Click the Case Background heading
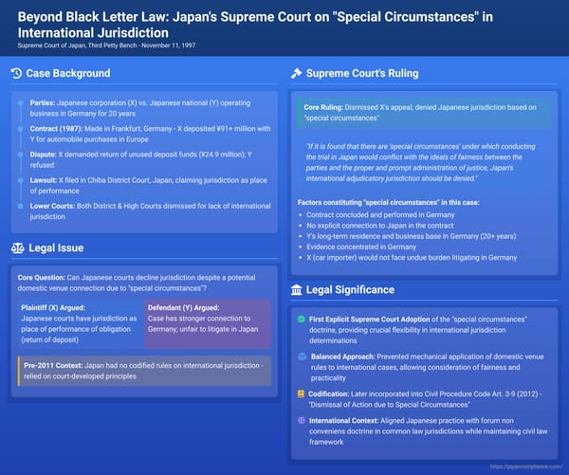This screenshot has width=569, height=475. pos(73,74)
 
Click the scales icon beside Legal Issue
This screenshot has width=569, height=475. pos(17,248)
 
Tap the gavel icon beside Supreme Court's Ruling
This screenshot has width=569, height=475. pos(296,74)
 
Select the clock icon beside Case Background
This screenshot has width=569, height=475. pos(17,74)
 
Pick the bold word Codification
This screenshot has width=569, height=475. pos(333,393)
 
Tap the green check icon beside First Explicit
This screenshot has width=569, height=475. pos(301,319)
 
